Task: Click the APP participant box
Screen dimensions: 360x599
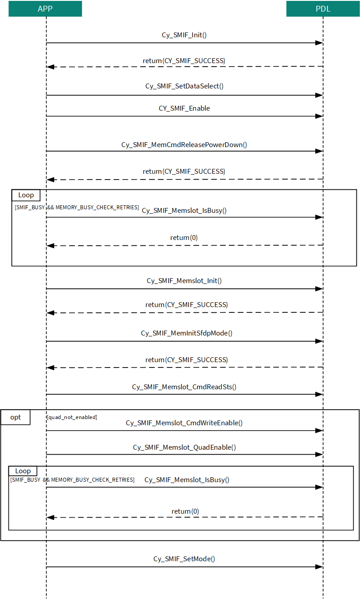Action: click(x=45, y=9)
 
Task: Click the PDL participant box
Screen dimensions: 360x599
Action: click(x=323, y=9)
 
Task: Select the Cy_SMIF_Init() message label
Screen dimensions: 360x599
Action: click(x=184, y=35)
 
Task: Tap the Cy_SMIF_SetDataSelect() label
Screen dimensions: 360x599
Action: click(x=184, y=86)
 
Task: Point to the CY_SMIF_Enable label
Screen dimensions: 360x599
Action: click(x=184, y=108)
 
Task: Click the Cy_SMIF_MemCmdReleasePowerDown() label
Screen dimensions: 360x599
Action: click(x=184, y=145)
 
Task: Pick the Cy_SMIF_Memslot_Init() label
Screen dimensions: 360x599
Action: click(x=184, y=281)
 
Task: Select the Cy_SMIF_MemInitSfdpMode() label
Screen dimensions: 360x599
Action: click(x=187, y=333)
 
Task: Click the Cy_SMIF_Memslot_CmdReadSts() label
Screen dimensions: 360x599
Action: click(x=184, y=387)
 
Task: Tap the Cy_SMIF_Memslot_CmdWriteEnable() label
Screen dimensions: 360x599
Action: click(x=184, y=423)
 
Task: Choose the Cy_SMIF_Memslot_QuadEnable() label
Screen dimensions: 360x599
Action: click(x=184, y=447)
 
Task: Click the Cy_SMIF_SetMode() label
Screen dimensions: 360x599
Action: click(x=184, y=559)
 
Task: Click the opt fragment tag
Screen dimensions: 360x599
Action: click(x=16, y=417)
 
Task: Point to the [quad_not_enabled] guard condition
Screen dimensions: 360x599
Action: click(x=72, y=417)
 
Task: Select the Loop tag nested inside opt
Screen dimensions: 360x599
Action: click(x=23, y=471)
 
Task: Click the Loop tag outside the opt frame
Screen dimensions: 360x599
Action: click(x=26, y=195)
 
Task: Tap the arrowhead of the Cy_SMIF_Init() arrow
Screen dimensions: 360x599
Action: click(x=319, y=43)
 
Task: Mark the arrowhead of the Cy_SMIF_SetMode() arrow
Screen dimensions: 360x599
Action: click(x=319, y=567)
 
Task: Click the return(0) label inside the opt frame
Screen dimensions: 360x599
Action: click(x=185, y=511)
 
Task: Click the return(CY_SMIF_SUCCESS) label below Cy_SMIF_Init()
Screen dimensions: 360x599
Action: click(x=184, y=61)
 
